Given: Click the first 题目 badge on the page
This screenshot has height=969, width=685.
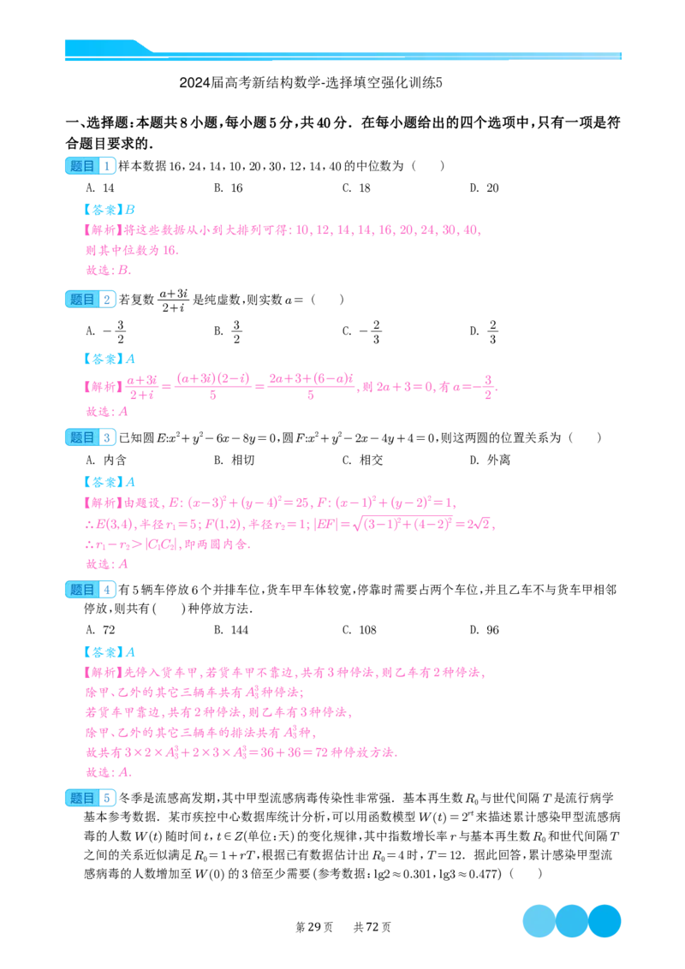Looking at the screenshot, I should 89,166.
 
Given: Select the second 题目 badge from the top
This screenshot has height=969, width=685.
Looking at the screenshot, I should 89,299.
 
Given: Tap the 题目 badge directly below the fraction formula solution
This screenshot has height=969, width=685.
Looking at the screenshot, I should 89,437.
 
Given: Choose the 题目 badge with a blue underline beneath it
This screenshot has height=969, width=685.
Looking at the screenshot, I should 89,589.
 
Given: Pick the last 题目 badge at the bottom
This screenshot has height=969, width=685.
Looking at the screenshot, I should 89,798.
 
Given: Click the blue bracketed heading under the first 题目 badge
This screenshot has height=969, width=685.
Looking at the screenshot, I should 110,208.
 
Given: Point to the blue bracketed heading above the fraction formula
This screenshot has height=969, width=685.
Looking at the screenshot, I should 110,359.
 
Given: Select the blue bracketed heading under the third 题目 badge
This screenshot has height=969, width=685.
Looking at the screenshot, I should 110,481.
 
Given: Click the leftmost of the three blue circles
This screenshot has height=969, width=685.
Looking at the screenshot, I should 539,920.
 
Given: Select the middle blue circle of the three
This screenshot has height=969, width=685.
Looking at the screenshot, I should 573,920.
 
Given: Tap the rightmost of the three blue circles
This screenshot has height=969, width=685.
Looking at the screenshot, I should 605,920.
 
